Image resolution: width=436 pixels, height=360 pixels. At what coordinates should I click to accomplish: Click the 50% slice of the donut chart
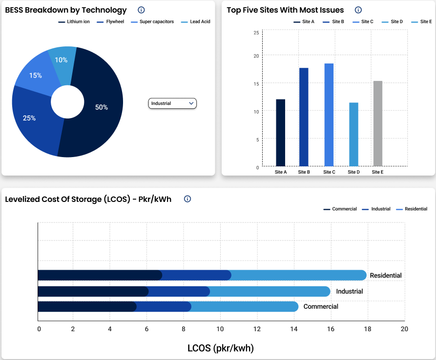coord(101,107)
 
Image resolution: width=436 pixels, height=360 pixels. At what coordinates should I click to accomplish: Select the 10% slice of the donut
coord(62,60)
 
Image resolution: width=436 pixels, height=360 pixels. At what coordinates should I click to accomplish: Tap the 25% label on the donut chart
coord(29,118)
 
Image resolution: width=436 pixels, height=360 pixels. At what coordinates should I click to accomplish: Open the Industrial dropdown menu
coord(172,103)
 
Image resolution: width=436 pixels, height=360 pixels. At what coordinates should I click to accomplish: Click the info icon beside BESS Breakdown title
coord(141,10)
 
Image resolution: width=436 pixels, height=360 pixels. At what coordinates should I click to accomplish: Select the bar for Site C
coord(329,115)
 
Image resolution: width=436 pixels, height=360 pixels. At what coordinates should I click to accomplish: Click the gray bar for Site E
coord(377,123)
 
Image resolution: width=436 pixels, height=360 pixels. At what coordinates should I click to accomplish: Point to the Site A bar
coord(280,132)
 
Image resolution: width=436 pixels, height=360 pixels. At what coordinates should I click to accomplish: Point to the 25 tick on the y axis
coord(256,33)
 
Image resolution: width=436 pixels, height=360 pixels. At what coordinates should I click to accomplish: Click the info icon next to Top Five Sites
coord(358,10)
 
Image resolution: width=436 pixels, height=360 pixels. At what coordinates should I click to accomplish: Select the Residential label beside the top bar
coord(386,276)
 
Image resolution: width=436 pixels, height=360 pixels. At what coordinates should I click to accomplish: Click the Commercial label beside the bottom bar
coord(321,307)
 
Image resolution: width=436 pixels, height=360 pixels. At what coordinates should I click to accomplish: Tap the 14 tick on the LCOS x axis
coord(294,329)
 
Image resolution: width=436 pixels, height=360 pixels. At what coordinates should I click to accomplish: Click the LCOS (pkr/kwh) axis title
coord(221,348)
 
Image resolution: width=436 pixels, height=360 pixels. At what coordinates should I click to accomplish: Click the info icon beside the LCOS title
coord(187,199)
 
